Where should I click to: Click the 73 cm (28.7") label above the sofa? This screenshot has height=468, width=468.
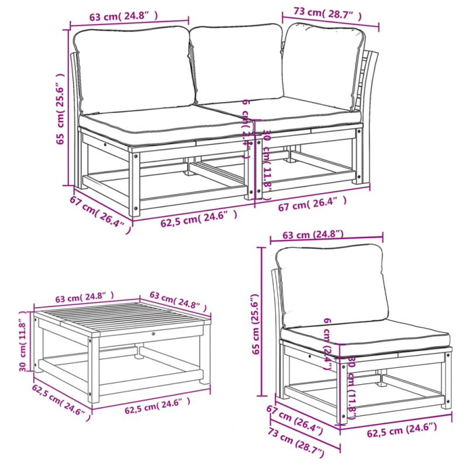pyautogui.click(x=327, y=12)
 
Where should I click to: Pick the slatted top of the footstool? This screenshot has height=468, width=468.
pyautogui.click(x=123, y=321)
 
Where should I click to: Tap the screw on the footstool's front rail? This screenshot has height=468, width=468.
pyautogui.click(x=153, y=333)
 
